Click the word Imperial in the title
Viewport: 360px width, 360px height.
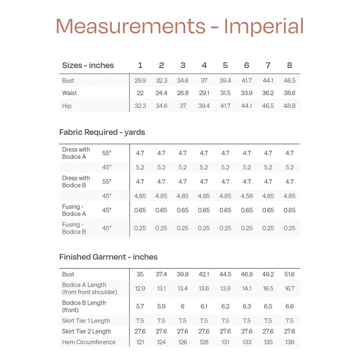tap(264, 27)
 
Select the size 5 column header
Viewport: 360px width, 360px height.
tap(225, 66)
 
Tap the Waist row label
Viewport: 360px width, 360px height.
tap(69, 93)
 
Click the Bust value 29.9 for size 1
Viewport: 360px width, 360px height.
tap(140, 81)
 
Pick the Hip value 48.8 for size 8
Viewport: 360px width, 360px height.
tap(289, 106)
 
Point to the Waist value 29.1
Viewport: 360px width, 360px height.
tap(204, 93)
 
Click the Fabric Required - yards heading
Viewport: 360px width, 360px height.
tap(102, 132)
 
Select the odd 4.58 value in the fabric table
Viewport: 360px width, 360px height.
tap(247, 196)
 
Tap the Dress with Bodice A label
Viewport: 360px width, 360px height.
tap(76, 153)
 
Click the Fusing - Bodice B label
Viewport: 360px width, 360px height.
tap(74, 228)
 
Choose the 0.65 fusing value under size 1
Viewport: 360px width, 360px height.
tap(140, 210)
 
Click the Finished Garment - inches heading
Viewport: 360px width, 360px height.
tap(108, 257)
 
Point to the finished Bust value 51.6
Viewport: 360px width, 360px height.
tap(289, 274)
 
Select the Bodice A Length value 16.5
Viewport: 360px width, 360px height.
tap(268, 288)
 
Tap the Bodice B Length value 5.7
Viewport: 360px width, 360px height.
tap(140, 306)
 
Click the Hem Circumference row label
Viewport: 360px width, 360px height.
tap(89, 342)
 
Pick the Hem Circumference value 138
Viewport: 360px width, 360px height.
tap(289, 342)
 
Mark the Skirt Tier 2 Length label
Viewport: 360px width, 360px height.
tap(86, 331)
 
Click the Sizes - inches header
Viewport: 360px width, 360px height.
tap(88, 66)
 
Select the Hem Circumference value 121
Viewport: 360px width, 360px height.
tap(140, 342)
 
